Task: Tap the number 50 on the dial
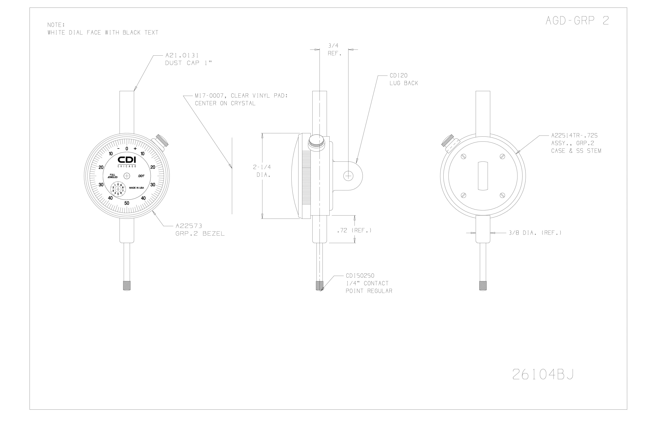click(x=127, y=203)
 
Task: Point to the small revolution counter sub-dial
click(x=118, y=189)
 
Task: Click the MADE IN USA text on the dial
click(x=136, y=188)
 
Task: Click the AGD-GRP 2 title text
click(x=577, y=21)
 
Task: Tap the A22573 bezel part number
click(x=189, y=226)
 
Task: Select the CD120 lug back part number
click(x=399, y=75)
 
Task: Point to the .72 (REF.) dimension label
click(x=354, y=230)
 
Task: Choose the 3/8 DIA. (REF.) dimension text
click(x=535, y=233)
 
